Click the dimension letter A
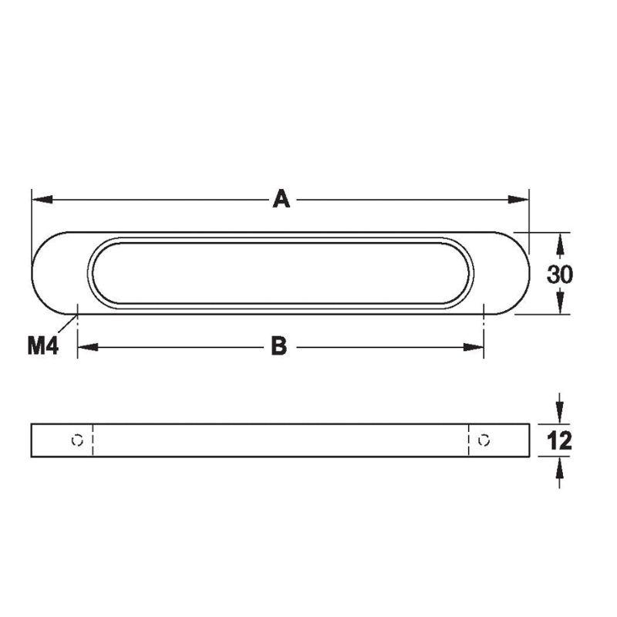click(282, 199)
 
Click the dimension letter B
click(279, 346)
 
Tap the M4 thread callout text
click(43, 346)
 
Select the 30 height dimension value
click(560, 275)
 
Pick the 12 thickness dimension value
click(559, 440)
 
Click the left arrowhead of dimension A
click(42, 200)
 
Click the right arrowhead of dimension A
click(518, 200)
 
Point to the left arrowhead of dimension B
click(88, 347)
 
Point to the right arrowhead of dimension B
click(474, 347)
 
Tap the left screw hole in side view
click(78, 440)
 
